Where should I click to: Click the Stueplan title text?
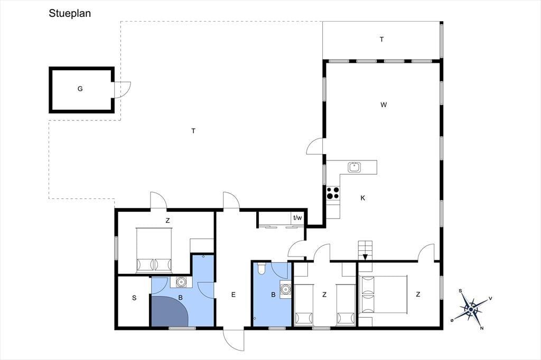pos(69,13)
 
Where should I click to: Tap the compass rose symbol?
pos(471,309)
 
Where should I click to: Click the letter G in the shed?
pos(80,89)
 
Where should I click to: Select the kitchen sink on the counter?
pos(355,167)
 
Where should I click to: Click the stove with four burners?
pos(333,193)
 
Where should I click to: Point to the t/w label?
pos(297,218)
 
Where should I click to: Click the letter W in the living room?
pos(384,105)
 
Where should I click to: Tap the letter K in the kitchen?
pos(362,198)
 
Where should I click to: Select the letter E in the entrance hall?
pos(234,295)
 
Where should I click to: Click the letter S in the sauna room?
pos(134,298)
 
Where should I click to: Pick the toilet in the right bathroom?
pos(261,268)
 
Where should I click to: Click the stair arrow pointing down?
pos(365,257)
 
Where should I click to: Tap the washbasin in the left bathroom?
pos(181,282)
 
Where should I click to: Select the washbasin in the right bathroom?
pos(286,288)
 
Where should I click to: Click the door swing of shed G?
pos(123,90)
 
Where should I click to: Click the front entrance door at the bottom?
pos(234,340)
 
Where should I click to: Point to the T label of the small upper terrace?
pos(381,40)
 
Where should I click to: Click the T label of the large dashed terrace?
pos(193,131)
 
